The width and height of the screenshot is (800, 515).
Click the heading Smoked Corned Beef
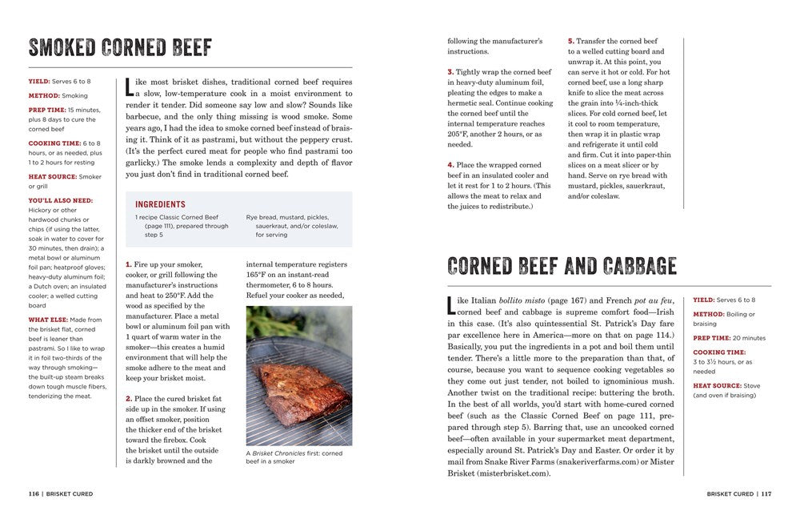120,47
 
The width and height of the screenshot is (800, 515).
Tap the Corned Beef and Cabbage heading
562,265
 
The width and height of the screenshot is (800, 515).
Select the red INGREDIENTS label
160,204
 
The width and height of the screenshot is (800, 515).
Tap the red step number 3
450,72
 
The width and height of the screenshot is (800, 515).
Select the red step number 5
571,41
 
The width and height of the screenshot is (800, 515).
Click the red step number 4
450,165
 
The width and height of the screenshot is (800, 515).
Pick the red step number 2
129,398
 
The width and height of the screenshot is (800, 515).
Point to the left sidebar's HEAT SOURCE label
53,176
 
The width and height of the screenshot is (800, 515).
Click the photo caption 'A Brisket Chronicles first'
294,453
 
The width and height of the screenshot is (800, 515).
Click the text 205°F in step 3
460,135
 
